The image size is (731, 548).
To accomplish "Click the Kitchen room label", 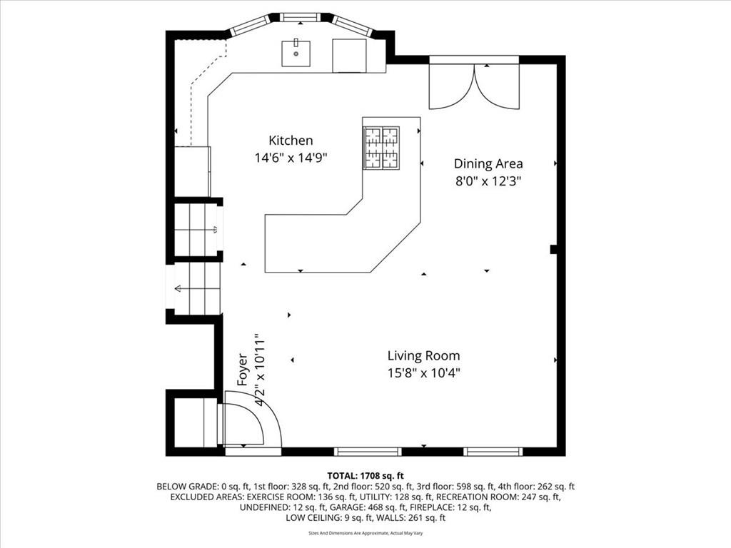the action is click(x=291, y=141).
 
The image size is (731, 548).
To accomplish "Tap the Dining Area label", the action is click(x=488, y=163).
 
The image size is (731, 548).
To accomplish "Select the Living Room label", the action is click(x=423, y=356).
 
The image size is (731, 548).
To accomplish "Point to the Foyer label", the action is click(x=243, y=370).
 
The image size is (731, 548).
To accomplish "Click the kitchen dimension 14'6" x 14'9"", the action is click(x=291, y=158).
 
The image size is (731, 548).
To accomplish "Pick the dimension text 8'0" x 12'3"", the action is click(x=488, y=181).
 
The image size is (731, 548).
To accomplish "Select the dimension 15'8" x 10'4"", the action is click(x=423, y=373).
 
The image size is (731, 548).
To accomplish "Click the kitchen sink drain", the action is click(x=296, y=54).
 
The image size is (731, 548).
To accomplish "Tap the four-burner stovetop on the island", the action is click(x=381, y=148).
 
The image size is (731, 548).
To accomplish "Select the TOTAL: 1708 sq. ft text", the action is click(x=365, y=476).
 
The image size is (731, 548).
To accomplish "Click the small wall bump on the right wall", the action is click(x=554, y=249).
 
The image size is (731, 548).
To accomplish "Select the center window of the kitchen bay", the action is click(x=301, y=18).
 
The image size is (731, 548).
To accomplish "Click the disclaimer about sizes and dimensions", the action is click(x=365, y=533).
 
